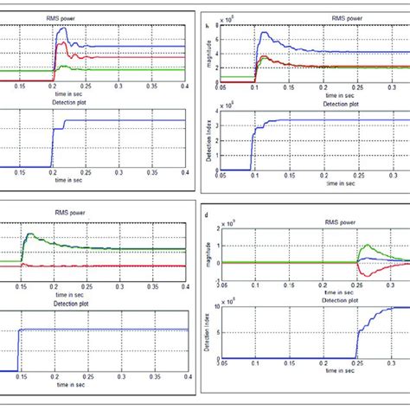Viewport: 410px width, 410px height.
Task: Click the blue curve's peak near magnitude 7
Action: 264,34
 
